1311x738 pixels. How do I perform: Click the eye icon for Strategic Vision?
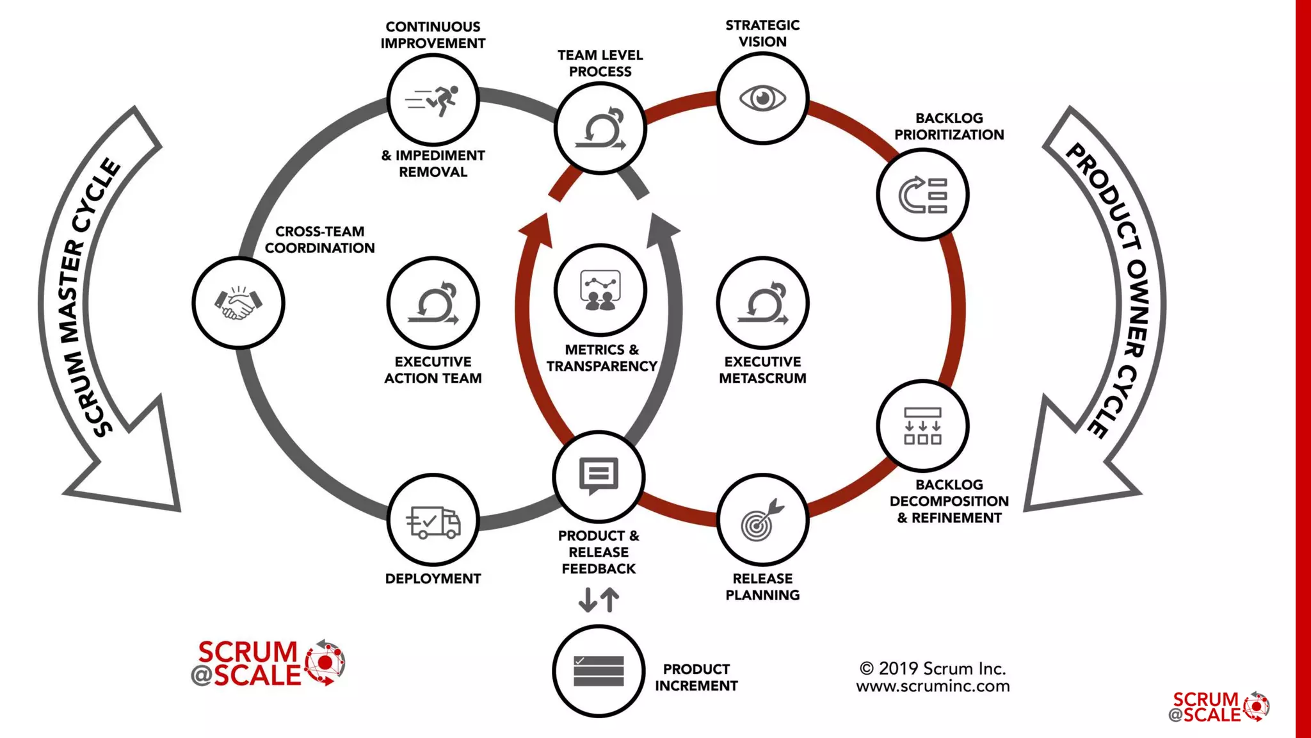click(x=762, y=99)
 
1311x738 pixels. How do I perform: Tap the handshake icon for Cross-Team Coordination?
click(x=238, y=302)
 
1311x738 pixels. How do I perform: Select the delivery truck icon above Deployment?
click(x=433, y=521)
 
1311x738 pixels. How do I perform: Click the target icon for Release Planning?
click(x=762, y=520)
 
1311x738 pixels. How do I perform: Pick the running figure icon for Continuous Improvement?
click(x=433, y=101)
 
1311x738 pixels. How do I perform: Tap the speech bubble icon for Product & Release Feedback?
click(x=599, y=476)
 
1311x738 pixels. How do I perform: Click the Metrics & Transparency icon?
click(x=600, y=290)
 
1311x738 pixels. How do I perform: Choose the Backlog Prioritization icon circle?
click(x=922, y=195)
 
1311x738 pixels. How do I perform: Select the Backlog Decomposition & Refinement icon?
click(x=922, y=426)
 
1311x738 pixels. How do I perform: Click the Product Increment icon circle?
click(x=599, y=671)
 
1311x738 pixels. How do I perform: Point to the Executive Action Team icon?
click(x=433, y=302)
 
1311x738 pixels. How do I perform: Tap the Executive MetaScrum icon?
click(x=762, y=302)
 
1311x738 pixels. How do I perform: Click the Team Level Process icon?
click(x=600, y=128)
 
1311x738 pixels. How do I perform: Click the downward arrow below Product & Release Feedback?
click(x=587, y=600)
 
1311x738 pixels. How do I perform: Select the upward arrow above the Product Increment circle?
click(x=611, y=600)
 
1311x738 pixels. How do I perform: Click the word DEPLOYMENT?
click(x=433, y=578)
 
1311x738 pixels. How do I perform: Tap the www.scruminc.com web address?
click(x=933, y=686)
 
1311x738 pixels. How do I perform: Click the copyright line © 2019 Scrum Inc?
click(x=933, y=668)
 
